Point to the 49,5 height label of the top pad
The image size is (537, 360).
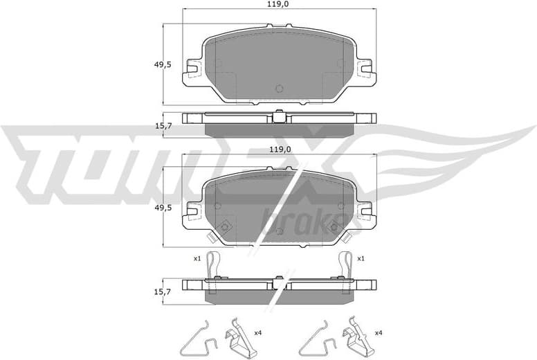pos(163,64)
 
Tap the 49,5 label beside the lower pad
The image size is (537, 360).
pos(163,207)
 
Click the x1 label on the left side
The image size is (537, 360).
pos(197,259)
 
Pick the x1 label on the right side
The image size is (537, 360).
pos(361,259)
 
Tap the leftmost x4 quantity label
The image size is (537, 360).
pos(257,334)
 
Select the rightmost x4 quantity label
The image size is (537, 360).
pos(378,334)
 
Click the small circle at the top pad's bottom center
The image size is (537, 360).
pos(279,88)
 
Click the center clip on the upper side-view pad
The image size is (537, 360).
pos(279,117)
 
